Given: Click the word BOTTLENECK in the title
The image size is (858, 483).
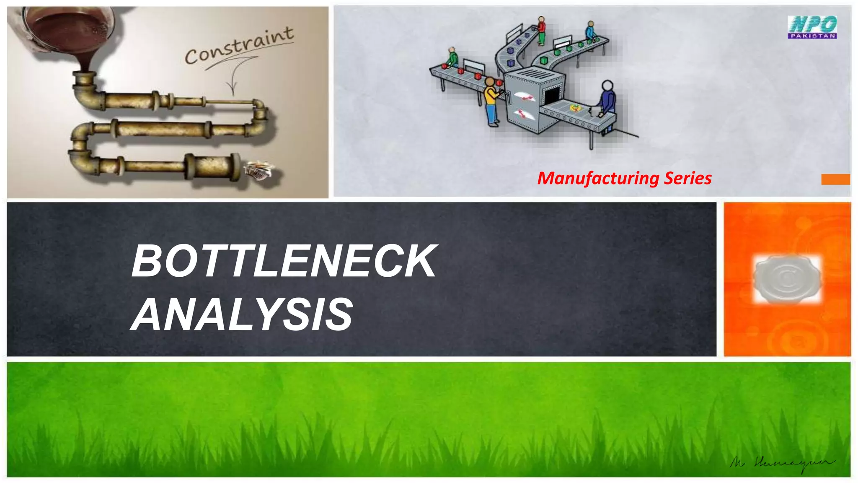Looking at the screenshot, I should (284, 262).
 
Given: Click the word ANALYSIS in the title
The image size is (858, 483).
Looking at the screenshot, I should (242, 314).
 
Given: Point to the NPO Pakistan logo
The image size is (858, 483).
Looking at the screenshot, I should (812, 27).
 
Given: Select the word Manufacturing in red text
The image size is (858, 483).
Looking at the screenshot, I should (598, 178).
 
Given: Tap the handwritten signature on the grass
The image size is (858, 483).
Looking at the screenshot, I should (782, 463).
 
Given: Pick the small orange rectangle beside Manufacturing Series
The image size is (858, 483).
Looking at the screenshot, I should (835, 179).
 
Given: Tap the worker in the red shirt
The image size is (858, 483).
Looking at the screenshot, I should (541, 30).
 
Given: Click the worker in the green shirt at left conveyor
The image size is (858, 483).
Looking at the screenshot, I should (452, 57).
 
